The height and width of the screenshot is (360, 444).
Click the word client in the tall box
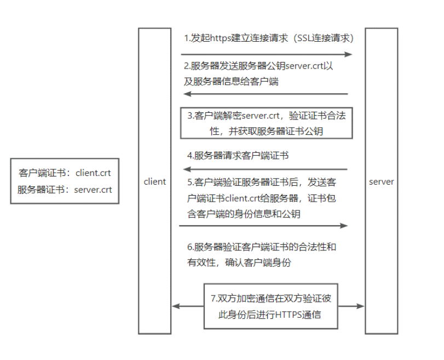[x=154, y=181]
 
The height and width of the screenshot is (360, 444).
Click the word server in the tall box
[x=382, y=182]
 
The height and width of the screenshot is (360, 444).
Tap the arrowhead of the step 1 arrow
[x=348, y=54]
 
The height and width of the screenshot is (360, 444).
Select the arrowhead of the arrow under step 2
[x=187, y=94]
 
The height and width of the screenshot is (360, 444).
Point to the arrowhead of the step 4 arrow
[x=187, y=169]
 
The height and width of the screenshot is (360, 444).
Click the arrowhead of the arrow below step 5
[x=344, y=226]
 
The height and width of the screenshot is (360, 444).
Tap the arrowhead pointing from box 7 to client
[x=176, y=306]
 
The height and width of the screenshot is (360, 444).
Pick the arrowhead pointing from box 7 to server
[x=360, y=306]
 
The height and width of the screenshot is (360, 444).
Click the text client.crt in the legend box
[x=93, y=173]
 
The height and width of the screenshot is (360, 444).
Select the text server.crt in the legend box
[x=93, y=190]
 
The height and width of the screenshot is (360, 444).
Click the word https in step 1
[x=221, y=38]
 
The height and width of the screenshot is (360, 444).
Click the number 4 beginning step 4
[x=189, y=156]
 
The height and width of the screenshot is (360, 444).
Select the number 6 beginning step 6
[x=189, y=247]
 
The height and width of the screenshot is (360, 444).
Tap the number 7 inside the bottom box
[x=213, y=299]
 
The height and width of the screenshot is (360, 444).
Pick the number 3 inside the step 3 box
[x=189, y=116]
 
